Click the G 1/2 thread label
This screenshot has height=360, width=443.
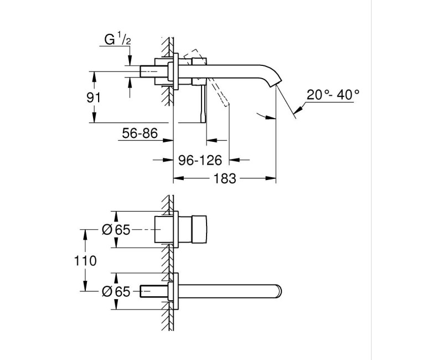117,40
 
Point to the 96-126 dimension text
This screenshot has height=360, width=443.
200,161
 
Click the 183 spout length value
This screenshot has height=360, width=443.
225,179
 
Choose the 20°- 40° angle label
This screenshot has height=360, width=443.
333,95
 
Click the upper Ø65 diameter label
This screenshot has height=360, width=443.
116,229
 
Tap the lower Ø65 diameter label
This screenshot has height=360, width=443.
116,290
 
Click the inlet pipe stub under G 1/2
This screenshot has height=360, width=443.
150,72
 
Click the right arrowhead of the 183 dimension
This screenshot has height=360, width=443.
272,179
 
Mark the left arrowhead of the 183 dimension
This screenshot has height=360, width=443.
178,179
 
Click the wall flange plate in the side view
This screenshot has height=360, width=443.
176,72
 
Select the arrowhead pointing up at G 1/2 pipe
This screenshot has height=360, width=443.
131,81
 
